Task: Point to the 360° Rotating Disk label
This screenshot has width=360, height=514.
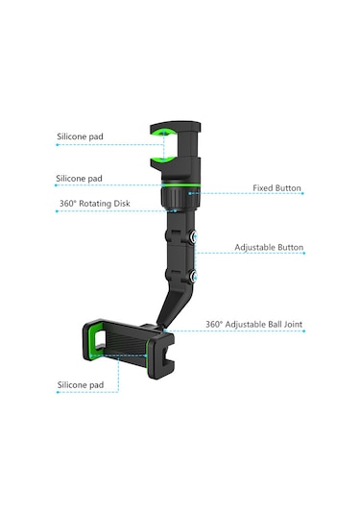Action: click(x=94, y=204)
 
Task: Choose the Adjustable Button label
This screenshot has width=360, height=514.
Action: click(x=269, y=247)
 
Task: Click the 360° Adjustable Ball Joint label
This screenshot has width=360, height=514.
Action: click(x=254, y=325)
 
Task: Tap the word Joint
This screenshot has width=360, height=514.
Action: click(x=291, y=325)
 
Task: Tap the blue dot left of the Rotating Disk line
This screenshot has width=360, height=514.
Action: click(x=56, y=211)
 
